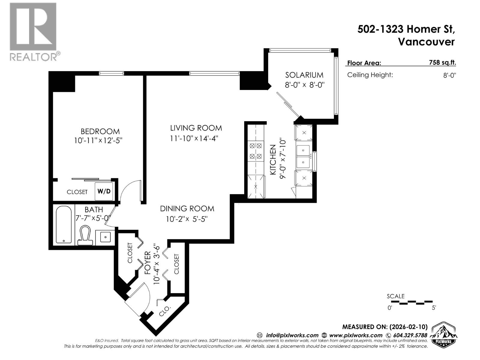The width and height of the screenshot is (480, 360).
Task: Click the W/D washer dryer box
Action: click(104, 191)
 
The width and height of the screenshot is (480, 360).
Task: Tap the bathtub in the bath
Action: click(64, 224)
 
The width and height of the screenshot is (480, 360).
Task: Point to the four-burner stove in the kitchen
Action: click(256, 151)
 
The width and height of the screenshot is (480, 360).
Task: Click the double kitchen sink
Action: click(303, 156)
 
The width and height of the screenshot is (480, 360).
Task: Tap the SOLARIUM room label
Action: click(304, 75)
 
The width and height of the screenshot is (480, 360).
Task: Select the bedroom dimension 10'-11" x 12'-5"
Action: click(98, 140)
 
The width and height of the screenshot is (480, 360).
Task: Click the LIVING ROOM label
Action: click(196, 128)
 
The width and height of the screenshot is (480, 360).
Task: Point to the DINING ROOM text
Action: click(187, 208)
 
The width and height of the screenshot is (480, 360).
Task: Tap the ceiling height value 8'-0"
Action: click(449, 75)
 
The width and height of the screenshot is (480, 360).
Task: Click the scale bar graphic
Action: click(410, 302)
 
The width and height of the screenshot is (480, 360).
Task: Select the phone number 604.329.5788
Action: click(409, 335)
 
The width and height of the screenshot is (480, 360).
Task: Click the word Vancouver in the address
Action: click(426, 42)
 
